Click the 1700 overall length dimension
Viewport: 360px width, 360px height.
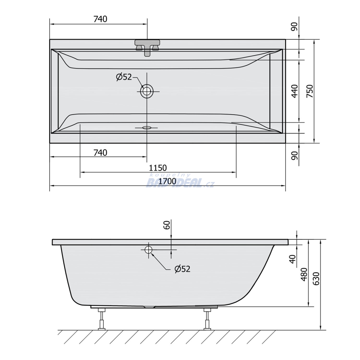pos(167,181)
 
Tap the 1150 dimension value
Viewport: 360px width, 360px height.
pos(158,168)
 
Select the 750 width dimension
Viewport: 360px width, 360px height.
pos(310,91)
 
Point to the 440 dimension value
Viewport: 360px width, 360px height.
pos(295,91)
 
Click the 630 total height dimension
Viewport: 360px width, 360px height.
pos(316,278)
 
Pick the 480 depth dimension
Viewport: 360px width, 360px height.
pos(304,274)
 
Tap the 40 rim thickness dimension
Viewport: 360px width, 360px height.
pos(292,259)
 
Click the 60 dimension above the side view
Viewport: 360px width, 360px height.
pos(167,225)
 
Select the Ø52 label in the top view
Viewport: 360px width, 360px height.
pos(124,77)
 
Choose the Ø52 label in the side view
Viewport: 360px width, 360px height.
pos(182,269)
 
